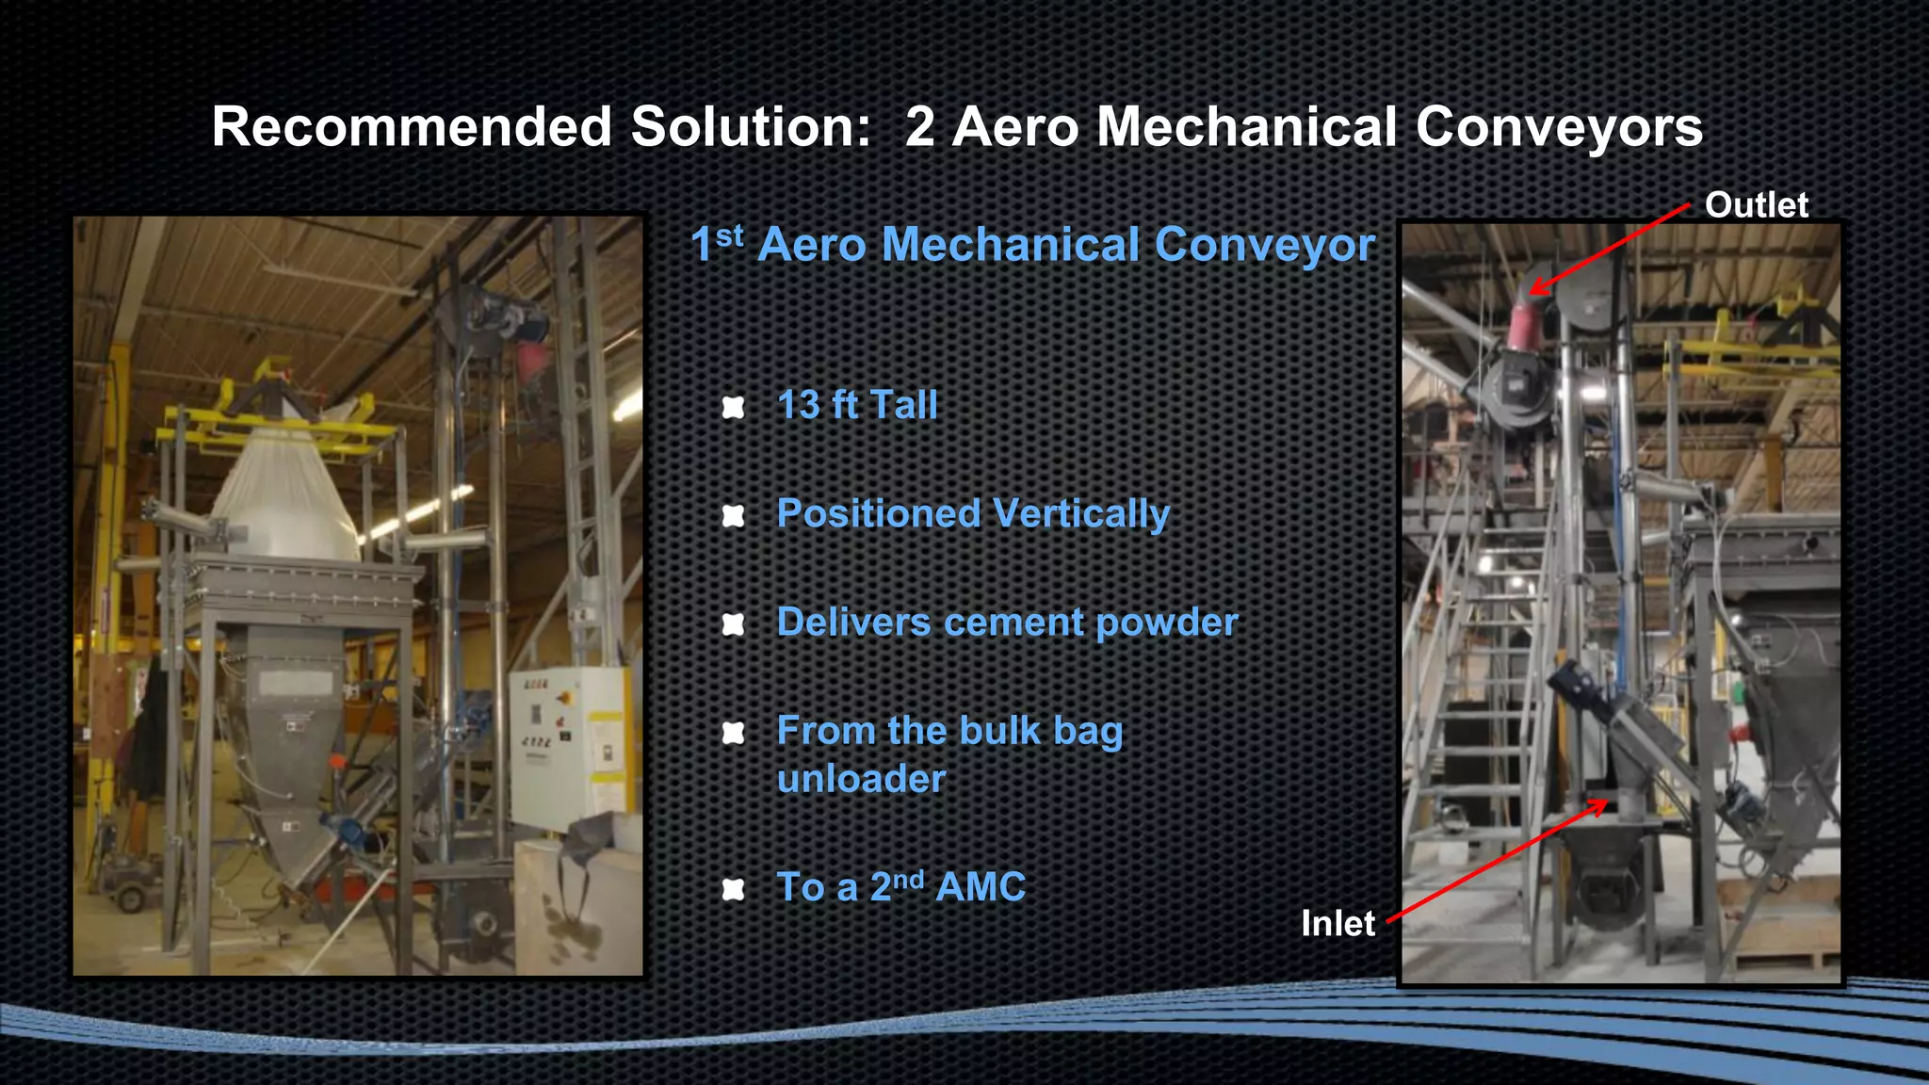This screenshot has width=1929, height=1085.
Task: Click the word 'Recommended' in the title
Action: [412, 127]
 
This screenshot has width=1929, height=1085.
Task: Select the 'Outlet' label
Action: [1756, 205]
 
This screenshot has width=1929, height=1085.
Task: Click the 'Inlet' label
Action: [1337, 923]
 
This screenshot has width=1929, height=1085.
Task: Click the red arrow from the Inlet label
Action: [1498, 860]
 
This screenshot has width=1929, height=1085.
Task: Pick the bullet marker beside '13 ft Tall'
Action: [733, 407]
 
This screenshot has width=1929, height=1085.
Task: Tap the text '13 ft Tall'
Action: [857, 405]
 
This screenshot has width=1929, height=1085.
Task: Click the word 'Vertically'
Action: [1080, 514]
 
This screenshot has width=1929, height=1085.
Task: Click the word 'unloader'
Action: [861, 779]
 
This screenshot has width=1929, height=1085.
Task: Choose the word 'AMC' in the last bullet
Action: [981, 887]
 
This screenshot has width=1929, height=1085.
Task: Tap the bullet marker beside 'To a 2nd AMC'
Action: [733, 889]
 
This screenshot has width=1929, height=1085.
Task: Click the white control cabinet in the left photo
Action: [565, 744]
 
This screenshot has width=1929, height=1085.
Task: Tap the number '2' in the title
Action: [919, 127]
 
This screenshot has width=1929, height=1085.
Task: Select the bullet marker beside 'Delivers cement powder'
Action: [733, 623]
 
